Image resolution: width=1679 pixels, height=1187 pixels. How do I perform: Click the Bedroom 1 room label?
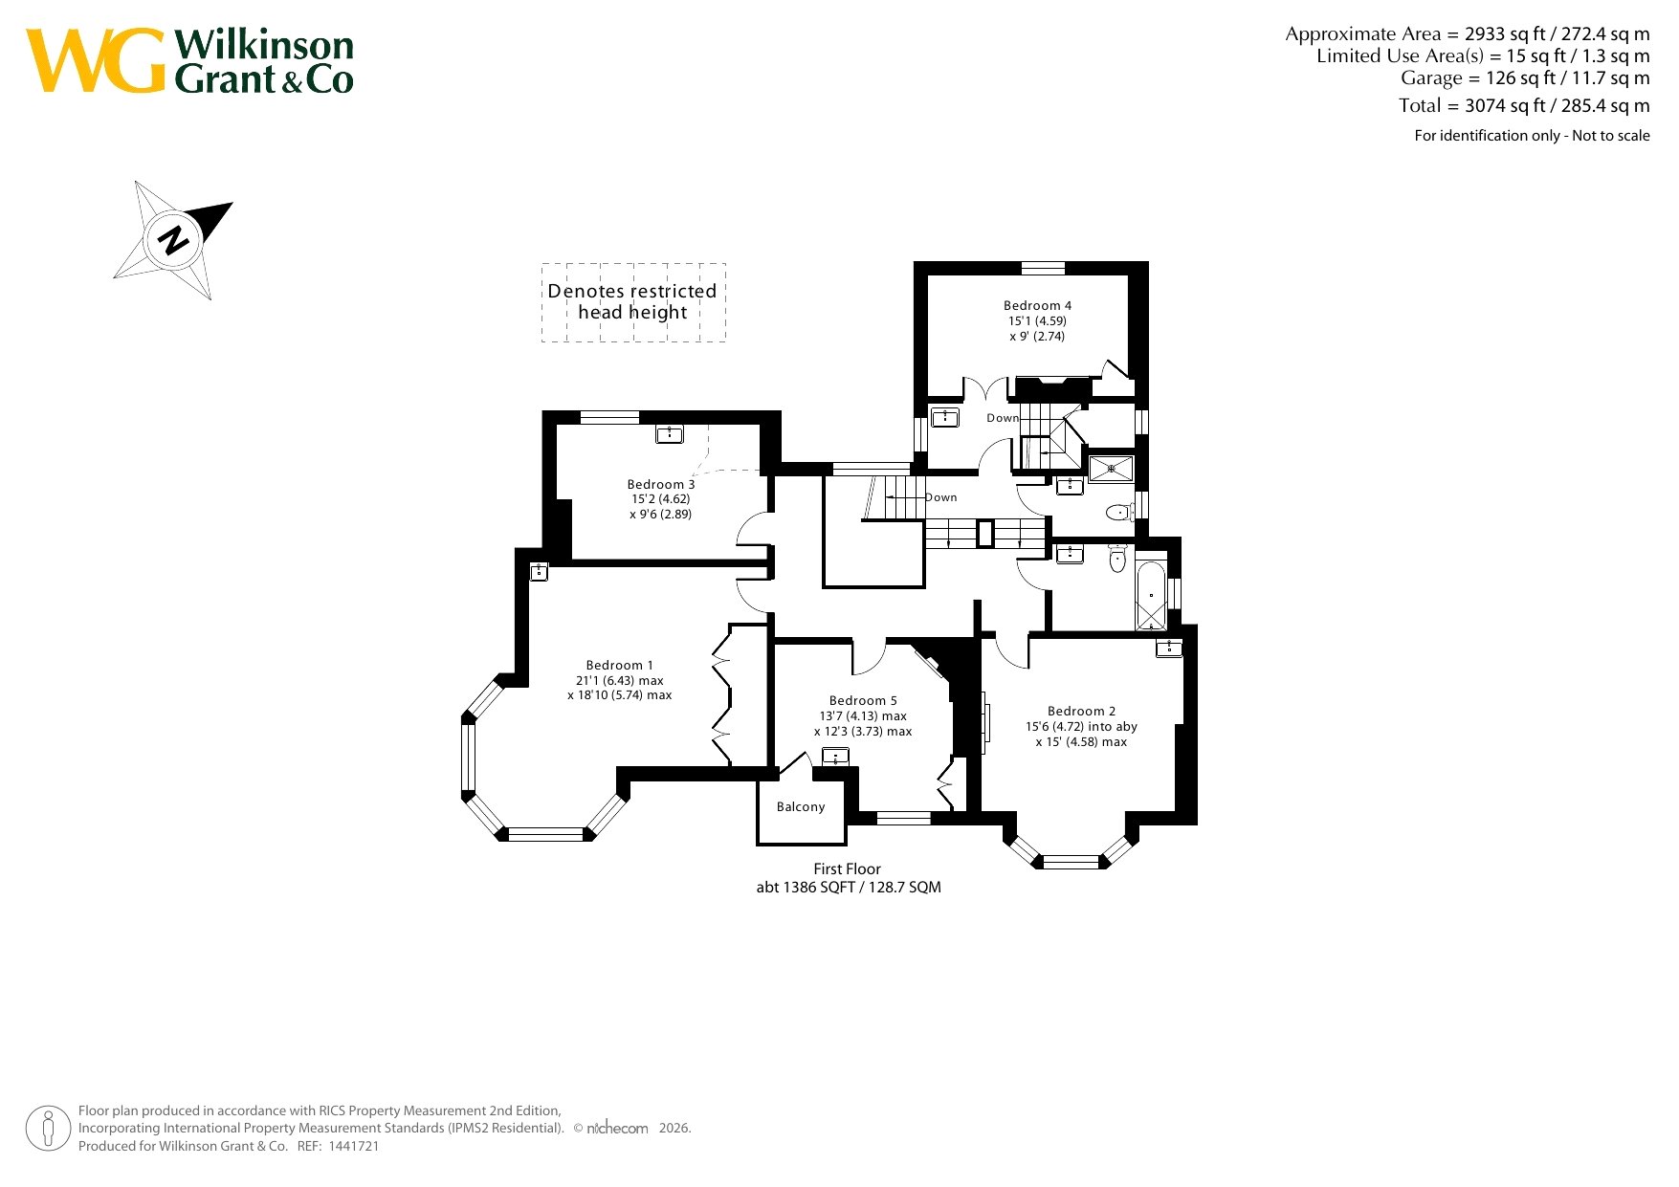point(619,665)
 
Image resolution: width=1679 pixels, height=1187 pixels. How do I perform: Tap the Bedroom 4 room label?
point(1037,306)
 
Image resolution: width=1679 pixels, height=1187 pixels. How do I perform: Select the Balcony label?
point(801,807)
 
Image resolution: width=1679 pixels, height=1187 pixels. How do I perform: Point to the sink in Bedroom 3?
point(670,435)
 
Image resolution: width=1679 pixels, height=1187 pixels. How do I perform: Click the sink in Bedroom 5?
point(835,758)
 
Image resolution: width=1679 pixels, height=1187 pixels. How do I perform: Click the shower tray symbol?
point(1111,468)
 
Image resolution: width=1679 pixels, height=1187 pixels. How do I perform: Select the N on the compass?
point(173,239)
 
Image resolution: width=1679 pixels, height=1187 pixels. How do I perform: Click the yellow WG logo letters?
point(96,60)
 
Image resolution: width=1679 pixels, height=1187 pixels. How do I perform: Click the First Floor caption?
point(847,869)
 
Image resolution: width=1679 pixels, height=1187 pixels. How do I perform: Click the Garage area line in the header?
point(1524,78)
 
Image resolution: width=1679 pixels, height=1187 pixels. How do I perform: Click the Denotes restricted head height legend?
point(632,302)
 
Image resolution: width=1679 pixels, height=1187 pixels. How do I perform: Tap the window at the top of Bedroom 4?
point(1043,268)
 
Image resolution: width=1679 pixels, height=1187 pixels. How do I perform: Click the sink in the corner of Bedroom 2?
point(1168,648)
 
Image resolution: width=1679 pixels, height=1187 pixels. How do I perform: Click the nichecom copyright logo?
point(617,1129)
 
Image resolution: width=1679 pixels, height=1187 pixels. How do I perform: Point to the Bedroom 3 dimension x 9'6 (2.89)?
point(660,515)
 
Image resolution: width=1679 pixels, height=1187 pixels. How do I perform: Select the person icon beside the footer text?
point(48,1129)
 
